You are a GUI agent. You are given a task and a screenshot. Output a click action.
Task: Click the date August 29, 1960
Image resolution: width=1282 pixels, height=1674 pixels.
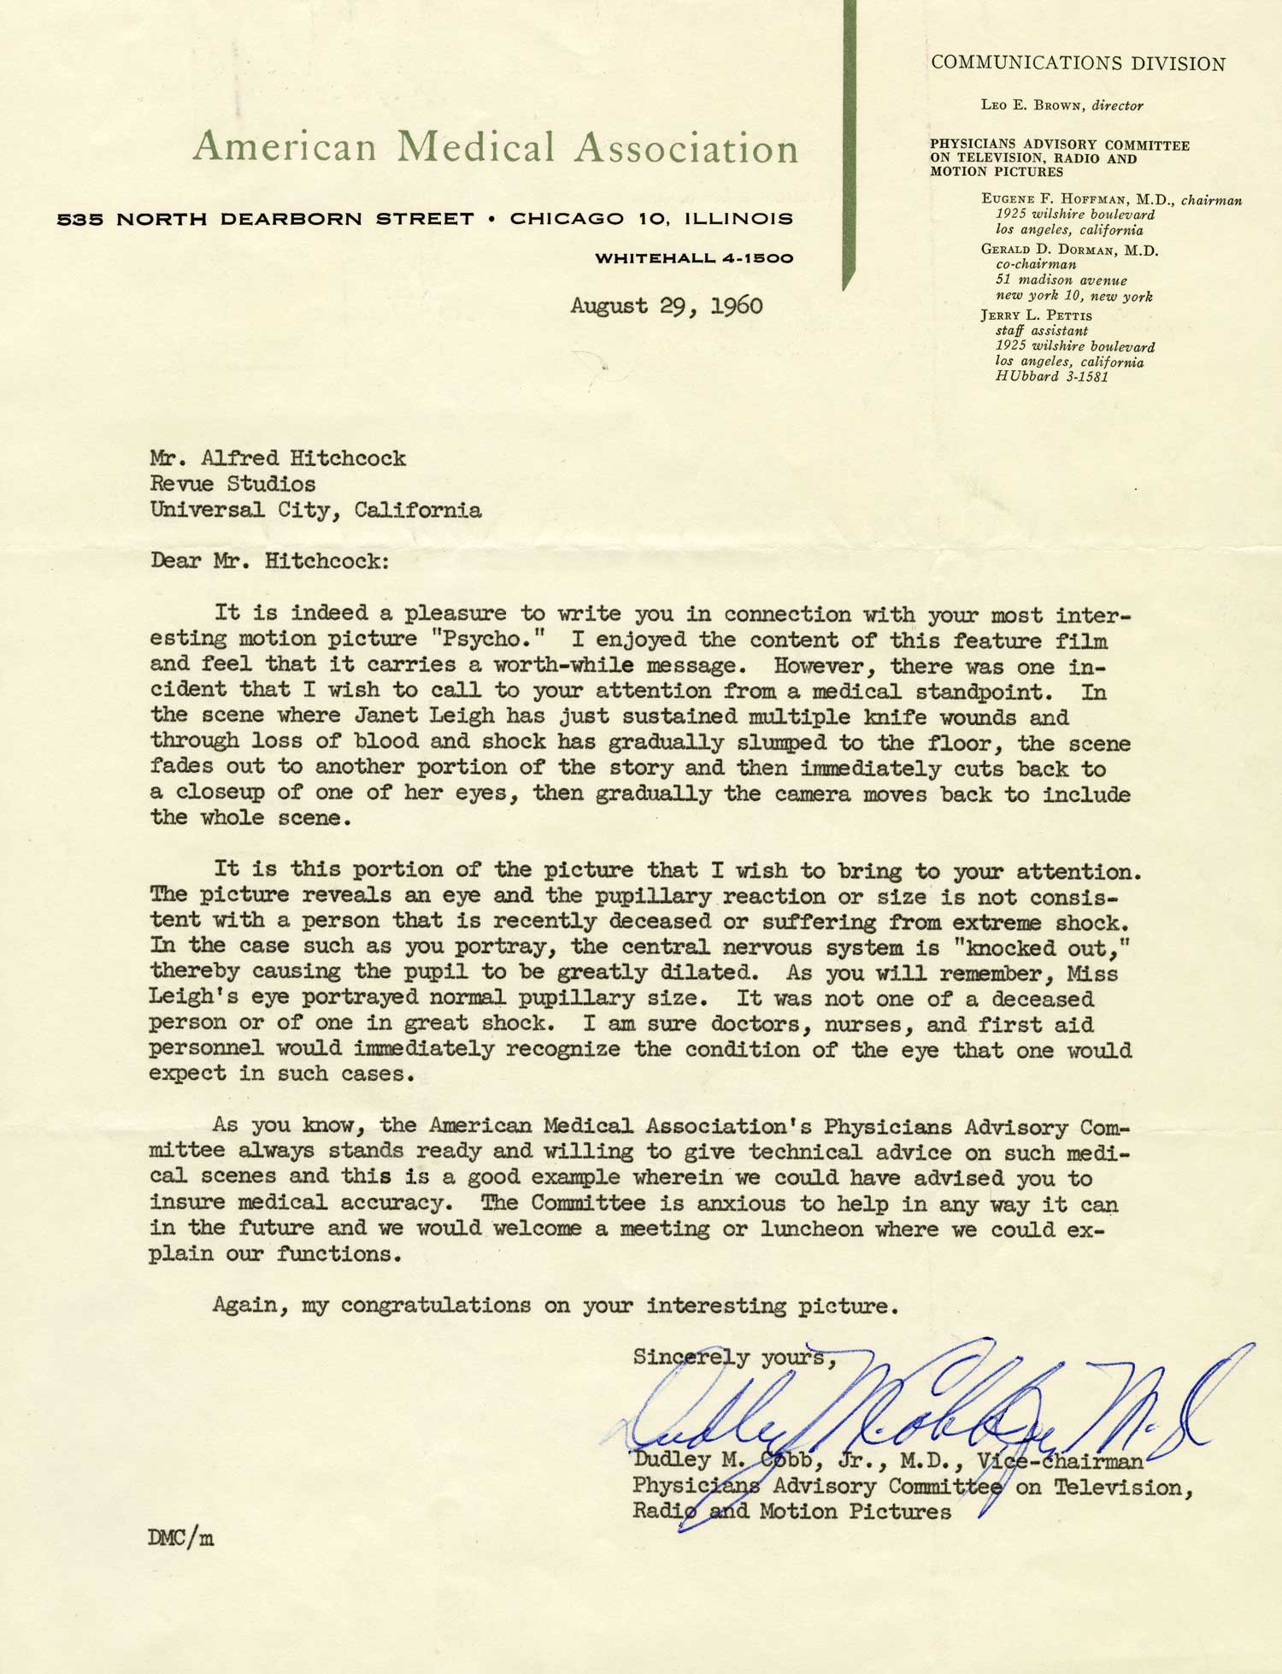[667, 306]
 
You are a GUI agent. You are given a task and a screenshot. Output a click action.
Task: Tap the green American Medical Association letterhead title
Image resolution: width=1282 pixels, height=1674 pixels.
[495, 148]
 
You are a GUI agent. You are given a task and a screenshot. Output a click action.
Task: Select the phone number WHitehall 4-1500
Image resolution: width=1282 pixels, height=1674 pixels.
[694, 257]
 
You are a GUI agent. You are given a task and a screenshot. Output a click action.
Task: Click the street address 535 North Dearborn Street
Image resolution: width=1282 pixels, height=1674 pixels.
[265, 219]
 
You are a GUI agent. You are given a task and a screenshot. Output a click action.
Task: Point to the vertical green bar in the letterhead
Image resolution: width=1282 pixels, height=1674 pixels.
[849, 145]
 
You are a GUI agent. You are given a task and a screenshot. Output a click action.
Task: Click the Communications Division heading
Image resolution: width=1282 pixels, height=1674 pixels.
[1078, 63]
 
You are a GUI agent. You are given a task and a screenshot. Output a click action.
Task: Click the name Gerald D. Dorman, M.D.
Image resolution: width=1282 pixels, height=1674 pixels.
[1069, 251]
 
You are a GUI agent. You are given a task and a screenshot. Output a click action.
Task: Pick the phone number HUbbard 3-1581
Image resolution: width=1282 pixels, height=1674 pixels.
[1051, 376]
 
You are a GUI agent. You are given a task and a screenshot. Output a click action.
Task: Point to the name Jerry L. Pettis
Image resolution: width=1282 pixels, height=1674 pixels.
[1036, 315]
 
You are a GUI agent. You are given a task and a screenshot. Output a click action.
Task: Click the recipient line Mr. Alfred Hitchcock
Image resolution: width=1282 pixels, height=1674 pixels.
[278, 458]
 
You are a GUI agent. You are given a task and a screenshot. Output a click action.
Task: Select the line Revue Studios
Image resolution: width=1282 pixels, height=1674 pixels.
[232, 484]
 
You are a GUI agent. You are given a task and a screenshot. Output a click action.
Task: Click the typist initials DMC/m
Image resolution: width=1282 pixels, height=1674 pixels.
[180, 1539]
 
